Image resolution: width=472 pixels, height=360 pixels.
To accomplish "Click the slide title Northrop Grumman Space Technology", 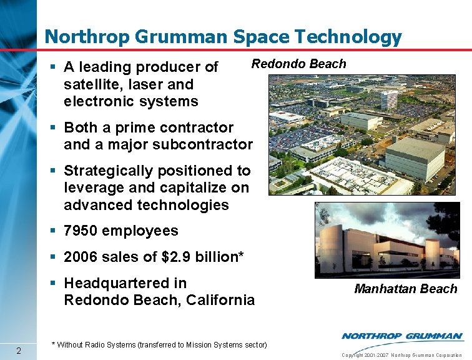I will (x=224, y=37).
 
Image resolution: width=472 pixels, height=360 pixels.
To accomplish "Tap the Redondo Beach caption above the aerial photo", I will (x=298, y=64).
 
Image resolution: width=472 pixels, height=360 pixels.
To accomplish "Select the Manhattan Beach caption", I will (x=406, y=289).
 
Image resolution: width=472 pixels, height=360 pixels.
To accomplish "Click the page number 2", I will (x=19, y=349).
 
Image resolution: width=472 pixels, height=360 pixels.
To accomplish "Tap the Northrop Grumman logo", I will (x=402, y=336).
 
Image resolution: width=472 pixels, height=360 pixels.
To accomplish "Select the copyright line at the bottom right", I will (x=402, y=355).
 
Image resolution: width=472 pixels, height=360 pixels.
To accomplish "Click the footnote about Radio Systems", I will (x=159, y=344).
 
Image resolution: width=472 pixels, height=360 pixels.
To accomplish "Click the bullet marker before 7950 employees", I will (x=55, y=231).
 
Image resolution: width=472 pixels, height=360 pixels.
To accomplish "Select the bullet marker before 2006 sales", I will (x=55, y=257).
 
